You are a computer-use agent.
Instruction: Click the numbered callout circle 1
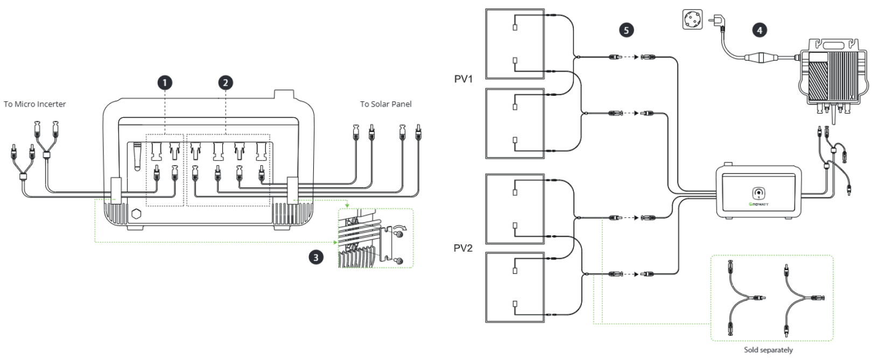[x=165, y=83]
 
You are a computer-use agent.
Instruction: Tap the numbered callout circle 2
[x=226, y=83]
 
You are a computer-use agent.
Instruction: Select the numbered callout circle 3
[x=315, y=258]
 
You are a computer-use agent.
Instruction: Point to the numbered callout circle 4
[x=760, y=30]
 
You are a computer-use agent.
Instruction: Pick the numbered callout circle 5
[x=626, y=30]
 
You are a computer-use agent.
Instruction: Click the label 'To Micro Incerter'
[x=35, y=104]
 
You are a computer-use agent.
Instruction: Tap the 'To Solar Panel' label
[x=385, y=104]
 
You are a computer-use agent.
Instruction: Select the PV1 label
[x=463, y=79]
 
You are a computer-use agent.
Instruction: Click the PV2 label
[x=463, y=249]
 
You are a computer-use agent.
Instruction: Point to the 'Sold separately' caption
[x=768, y=350]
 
